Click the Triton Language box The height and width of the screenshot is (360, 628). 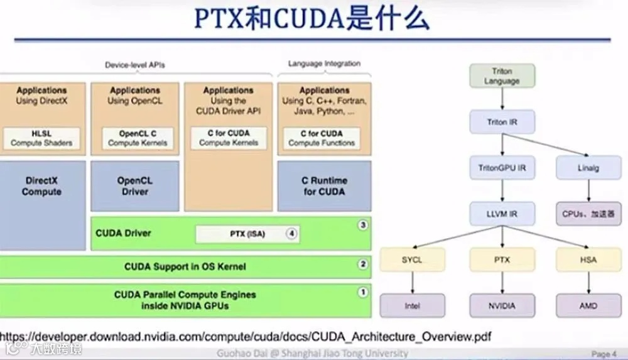[502, 76]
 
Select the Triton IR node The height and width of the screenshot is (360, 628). [502, 122]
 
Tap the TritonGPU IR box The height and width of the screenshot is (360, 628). [502, 168]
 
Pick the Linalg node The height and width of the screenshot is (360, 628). [589, 168]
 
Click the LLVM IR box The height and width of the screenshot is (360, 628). [502, 214]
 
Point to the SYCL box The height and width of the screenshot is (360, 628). [412, 260]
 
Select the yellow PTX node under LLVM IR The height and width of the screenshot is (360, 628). [502, 260]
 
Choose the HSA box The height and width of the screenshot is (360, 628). [589, 260]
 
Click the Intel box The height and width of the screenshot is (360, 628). [412, 306]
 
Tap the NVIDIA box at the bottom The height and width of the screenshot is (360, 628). [502, 306]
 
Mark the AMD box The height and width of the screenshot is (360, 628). [589, 306]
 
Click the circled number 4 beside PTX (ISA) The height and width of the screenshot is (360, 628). [291, 234]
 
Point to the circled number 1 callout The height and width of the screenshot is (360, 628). [362, 292]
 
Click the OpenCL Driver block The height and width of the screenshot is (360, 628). [134, 186]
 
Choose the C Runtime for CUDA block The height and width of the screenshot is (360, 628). [324, 186]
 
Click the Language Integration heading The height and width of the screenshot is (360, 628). [324, 63]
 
